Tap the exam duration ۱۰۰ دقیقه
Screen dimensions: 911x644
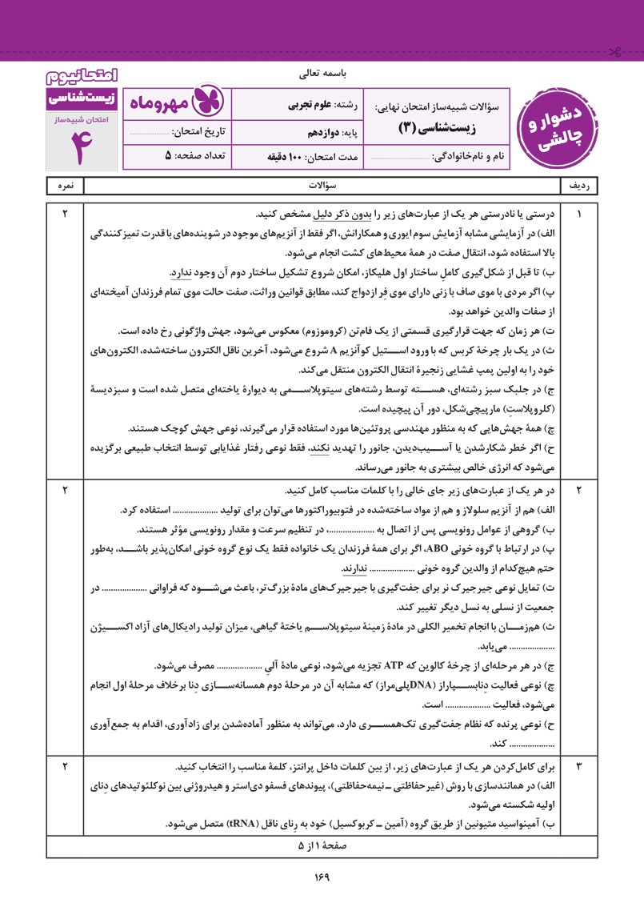tap(289, 156)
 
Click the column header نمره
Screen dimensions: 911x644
tap(65, 185)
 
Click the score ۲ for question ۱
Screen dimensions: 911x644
tap(65, 214)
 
